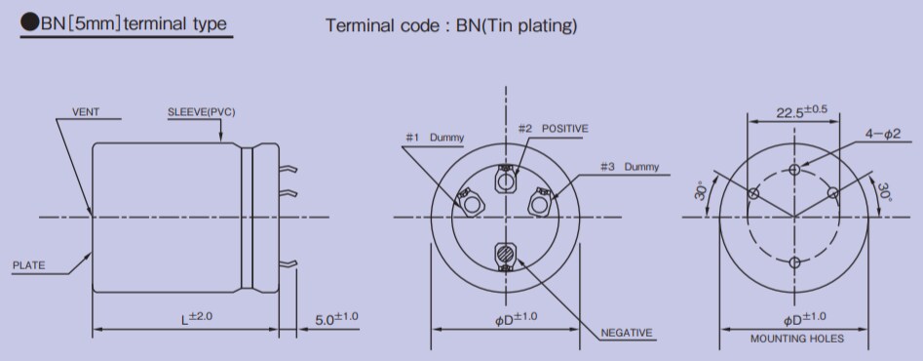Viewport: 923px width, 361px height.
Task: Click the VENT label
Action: pyautogui.click(x=87, y=112)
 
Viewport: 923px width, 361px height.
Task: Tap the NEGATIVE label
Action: pyautogui.click(x=626, y=333)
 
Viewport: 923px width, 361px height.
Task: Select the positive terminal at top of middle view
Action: pyautogui.click(x=506, y=180)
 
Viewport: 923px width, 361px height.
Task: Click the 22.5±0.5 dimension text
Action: pyautogui.click(x=801, y=110)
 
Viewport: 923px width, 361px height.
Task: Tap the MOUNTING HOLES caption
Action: pyautogui.click(x=797, y=340)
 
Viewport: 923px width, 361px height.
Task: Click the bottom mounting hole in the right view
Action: pyautogui.click(x=795, y=262)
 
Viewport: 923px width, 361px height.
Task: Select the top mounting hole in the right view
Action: pyautogui.click(x=795, y=170)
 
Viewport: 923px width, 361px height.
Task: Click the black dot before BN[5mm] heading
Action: pyautogui.click(x=29, y=24)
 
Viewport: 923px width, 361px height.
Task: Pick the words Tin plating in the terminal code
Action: pyautogui.click(x=538, y=25)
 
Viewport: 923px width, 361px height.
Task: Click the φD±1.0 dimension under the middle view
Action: pyautogui.click(x=505, y=318)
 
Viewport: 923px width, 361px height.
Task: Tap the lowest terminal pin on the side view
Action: pyautogui.click(x=289, y=263)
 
